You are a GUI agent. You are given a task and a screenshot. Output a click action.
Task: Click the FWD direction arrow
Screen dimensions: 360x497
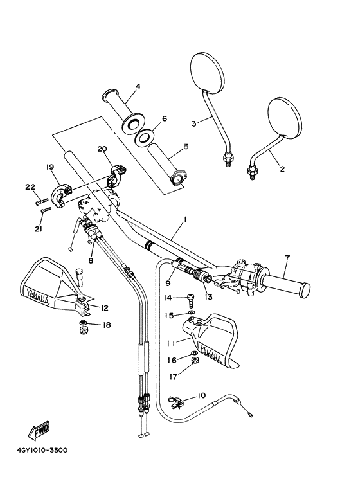pos(39,430)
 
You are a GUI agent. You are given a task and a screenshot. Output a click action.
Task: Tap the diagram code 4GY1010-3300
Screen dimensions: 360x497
pos(42,450)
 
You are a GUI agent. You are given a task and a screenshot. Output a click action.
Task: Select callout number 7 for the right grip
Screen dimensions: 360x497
pos(287,258)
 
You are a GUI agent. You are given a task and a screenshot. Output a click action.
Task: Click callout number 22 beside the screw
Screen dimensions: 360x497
pos(30,187)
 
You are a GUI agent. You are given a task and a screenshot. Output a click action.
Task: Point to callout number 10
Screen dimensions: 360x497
pos(201,395)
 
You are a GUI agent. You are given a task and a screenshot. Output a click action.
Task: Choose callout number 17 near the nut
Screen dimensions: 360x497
pos(174,377)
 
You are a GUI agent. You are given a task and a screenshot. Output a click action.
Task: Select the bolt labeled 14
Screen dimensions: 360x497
pos(192,300)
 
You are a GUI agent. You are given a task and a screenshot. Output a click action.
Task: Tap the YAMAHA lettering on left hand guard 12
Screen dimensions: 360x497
pos(38,296)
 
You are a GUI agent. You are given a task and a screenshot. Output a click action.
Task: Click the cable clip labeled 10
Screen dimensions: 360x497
pos(175,402)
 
